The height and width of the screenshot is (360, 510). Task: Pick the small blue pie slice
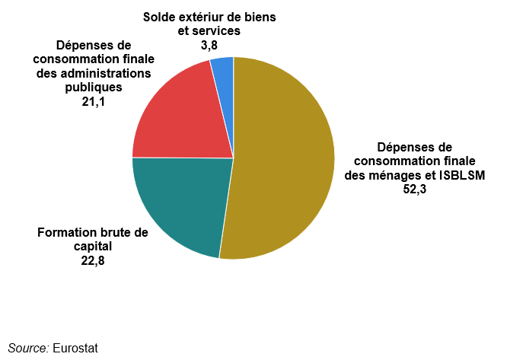click(x=223, y=68)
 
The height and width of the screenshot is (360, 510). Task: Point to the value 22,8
click(x=93, y=260)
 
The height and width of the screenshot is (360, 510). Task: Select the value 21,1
click(x=93, y=100)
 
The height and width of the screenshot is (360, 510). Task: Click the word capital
click(x=93, y=247)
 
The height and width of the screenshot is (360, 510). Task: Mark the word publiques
click(x=93, y=87)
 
